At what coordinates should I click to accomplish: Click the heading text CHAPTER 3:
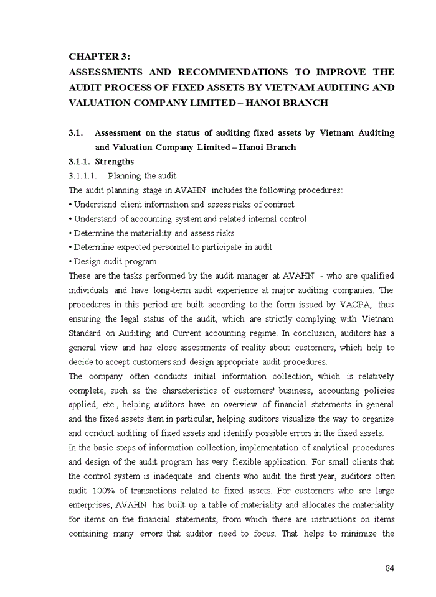99,57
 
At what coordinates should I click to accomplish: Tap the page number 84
389,568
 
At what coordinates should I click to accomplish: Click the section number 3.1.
75,133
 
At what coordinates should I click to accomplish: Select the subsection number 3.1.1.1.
83,176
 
